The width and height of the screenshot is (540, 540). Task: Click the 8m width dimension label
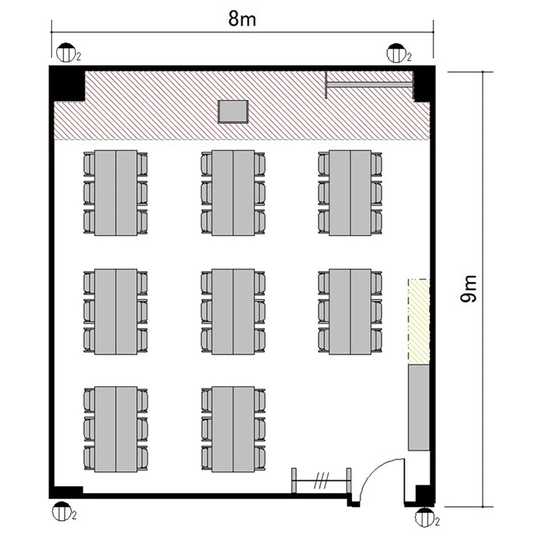pos(242,19)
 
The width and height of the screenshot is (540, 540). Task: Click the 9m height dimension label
pos(469,289)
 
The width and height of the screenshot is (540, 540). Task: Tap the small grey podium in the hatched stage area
pos(233,112)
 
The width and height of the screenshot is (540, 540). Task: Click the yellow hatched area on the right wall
pos(419,322)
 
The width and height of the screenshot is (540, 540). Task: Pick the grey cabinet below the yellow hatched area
pos(419,408)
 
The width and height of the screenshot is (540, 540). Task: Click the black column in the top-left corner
pos(68,84)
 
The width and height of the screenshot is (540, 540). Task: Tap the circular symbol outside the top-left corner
pos(66,53)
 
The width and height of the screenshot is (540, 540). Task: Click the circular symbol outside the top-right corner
pos(397,53)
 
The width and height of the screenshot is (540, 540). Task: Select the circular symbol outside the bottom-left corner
pos(62,511)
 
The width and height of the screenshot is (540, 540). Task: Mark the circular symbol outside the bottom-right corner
pos(425,517)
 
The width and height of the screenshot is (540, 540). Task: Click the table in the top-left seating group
pos(116,193)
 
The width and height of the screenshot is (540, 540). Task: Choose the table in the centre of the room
pos(233,312)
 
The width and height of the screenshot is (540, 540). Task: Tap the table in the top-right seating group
pos(350,193)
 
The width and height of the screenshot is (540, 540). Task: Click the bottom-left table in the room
pos(116,429)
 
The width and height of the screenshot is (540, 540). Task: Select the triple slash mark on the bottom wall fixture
pos(321,480)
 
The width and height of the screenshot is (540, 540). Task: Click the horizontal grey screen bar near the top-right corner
pos(369,85)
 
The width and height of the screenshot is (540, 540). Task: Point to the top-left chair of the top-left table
pos(89,164)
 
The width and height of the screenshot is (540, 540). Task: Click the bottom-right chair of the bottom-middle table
pos(260,458)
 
